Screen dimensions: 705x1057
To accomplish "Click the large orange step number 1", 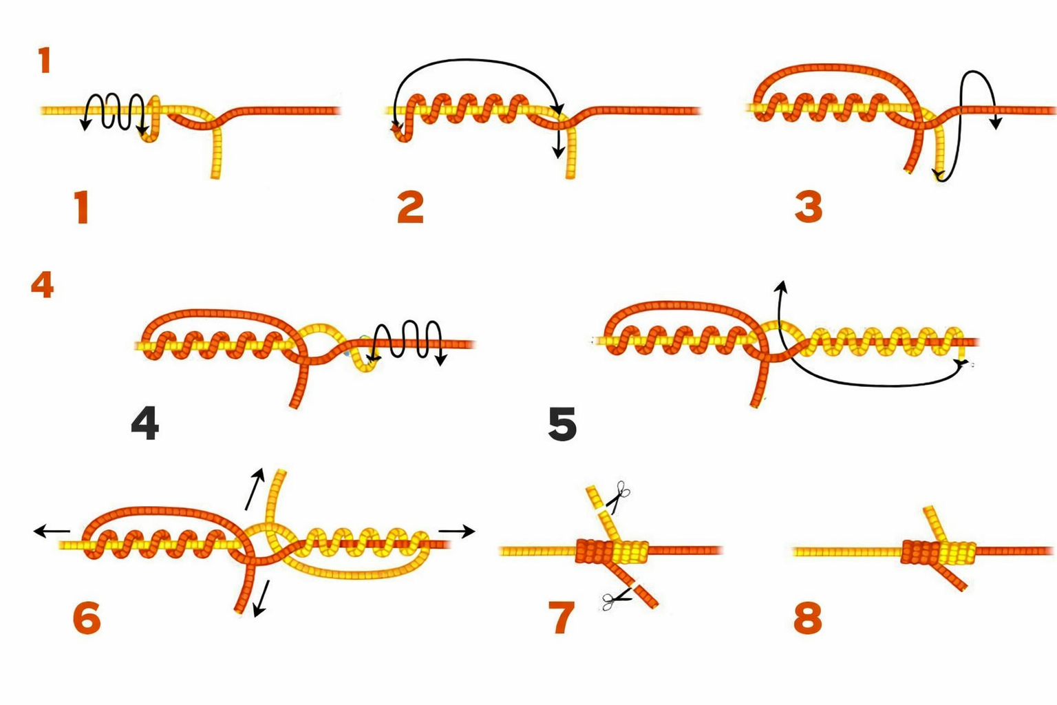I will click(x=82, y=207).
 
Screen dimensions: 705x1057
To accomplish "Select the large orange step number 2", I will click(x=410, y=207).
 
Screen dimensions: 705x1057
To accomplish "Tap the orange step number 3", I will click(x=808, y=207).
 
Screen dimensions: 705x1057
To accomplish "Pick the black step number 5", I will click(x=562, y=424).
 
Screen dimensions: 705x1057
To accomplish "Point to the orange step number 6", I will click(x=87, y=618).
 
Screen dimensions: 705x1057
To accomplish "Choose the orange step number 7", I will click(x=561, y=618).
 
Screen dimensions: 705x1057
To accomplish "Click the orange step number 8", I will click(x=807, y=618).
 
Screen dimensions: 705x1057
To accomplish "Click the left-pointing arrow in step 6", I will click(x=52, y=531).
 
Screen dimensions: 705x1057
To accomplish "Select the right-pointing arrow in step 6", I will click(x=457, y=531).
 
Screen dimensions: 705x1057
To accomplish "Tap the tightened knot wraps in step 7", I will click(x=612, y=551).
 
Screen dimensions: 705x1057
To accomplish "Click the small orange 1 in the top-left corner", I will click(x=45, y=61).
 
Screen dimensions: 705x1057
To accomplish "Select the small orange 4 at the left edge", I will click(x=42, y=285).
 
